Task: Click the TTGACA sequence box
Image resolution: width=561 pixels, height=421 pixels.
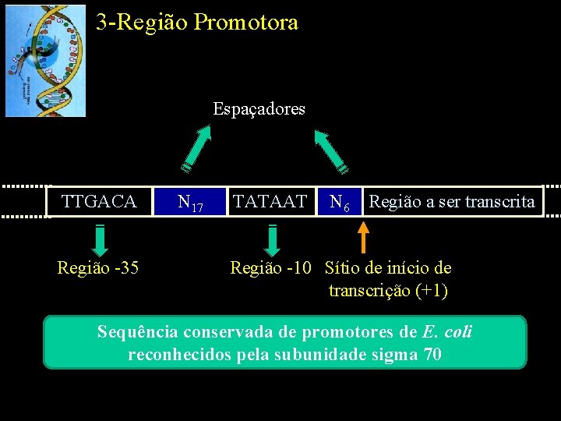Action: [99, 202]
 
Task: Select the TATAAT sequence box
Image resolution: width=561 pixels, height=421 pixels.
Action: [270, 202]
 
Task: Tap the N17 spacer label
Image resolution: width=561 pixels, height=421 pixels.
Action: [190, 203]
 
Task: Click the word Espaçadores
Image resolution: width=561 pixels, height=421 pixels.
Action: [259, 109]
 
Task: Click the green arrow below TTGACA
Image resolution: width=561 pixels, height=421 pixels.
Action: [101, 239]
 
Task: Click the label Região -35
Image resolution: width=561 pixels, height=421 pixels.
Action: [98, 268]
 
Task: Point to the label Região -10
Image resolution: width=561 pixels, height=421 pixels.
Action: [270, 268]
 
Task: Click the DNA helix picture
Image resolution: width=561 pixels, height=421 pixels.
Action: [45, 61]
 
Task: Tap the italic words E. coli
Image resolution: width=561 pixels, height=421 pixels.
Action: [447, 332]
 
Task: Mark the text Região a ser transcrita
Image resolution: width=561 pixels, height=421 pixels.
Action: [452, 202]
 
